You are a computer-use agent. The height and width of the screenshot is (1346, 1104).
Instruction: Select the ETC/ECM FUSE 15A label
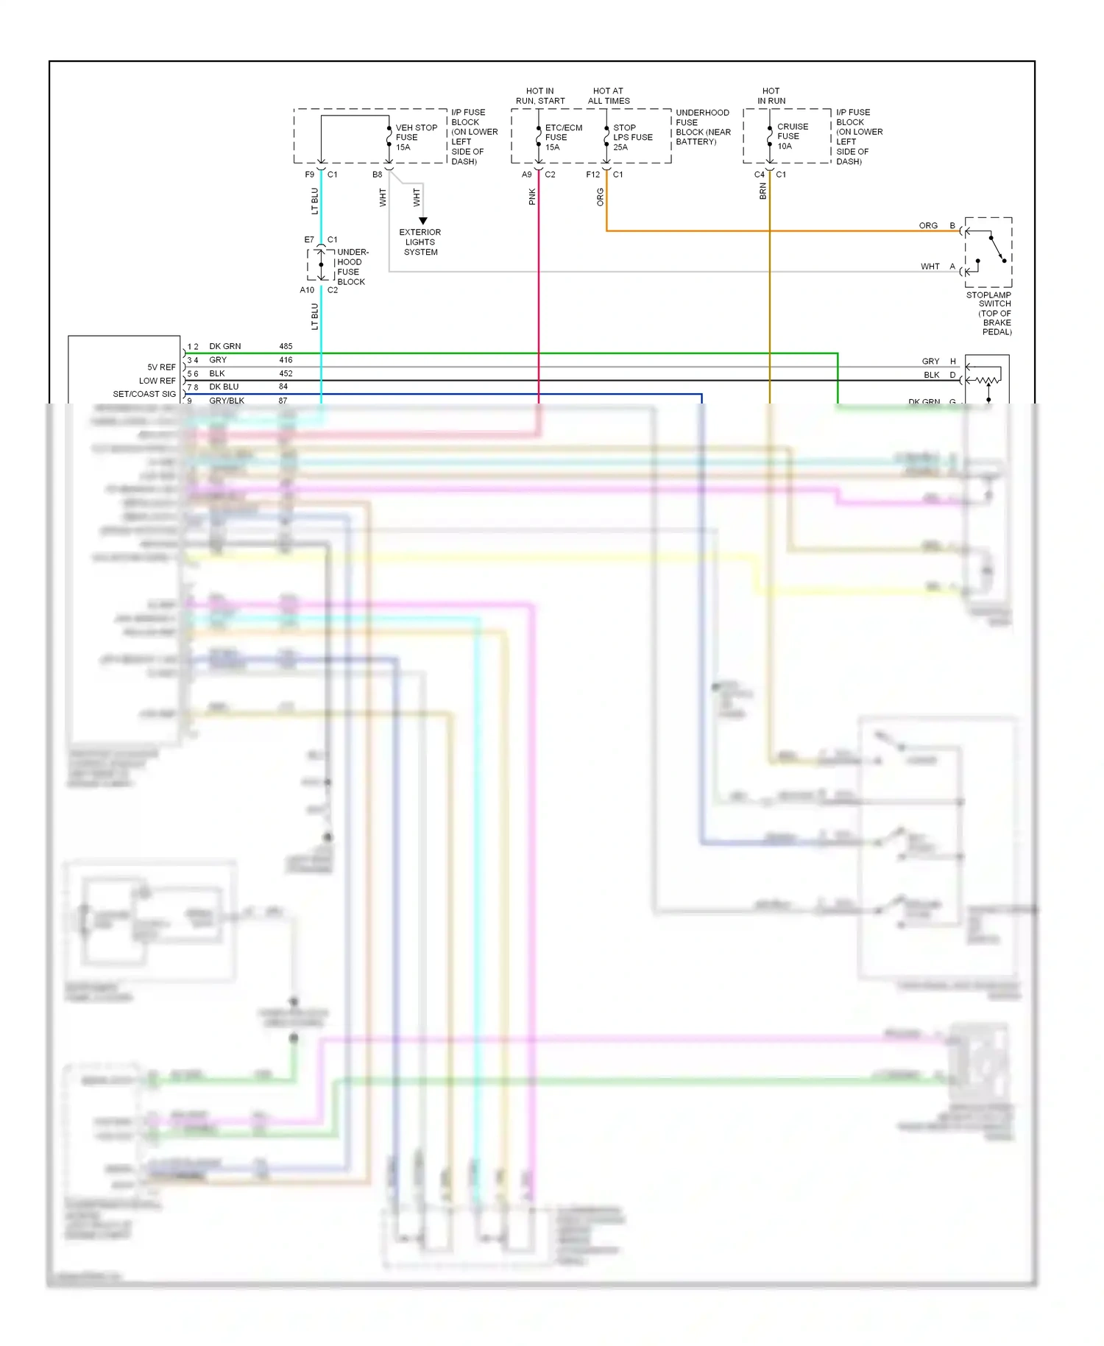(562, 138)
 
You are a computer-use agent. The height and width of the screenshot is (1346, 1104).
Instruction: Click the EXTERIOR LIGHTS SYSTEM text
(420, 242)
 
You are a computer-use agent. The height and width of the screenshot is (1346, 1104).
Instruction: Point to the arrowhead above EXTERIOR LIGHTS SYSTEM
(423, 221)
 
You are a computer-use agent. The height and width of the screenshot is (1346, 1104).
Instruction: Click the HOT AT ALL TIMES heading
(609, 96)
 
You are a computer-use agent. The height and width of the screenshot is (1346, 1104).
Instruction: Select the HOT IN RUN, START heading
(540, 96)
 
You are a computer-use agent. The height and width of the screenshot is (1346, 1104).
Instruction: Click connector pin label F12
(592, 175)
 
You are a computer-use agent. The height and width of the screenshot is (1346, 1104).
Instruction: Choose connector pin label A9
(526, 175)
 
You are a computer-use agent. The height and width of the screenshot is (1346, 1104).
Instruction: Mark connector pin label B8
(377, 175)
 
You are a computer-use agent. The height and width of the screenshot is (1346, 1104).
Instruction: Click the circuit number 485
(286, 346)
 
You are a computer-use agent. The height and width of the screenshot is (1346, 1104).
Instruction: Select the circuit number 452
(286, 373)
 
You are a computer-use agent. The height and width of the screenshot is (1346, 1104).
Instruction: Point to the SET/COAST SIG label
(144, 394)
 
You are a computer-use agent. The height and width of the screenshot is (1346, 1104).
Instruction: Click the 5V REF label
(161, 367)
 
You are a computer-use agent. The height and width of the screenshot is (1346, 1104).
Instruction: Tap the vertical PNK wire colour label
(532, 197)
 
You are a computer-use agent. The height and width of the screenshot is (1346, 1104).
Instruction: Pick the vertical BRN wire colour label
(763, 191)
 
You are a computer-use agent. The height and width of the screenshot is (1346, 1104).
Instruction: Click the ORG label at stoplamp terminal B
(928, 225)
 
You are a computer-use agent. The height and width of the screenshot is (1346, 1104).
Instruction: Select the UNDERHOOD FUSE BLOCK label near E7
(352, 267)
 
